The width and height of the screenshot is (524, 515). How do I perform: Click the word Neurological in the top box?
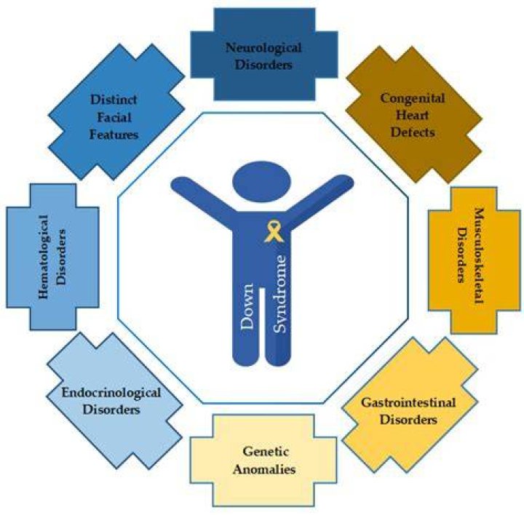263,48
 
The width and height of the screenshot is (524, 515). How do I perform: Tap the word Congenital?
413,98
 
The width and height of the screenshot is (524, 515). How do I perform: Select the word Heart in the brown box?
413,115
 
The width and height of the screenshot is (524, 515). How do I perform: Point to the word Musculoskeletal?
480,255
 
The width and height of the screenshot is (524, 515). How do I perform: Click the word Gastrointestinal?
408,402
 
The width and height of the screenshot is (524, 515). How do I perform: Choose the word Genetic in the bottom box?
266,452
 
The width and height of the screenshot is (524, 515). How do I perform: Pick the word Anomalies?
264,469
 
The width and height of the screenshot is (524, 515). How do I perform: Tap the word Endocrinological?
111,393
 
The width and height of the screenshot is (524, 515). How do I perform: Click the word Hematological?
44,257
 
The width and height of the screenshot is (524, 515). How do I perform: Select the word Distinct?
114,100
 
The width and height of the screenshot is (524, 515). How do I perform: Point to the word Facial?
114,117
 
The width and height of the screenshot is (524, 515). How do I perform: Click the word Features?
114,135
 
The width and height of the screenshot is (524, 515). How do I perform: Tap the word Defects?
413,132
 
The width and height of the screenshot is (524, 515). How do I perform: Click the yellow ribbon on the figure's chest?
274,231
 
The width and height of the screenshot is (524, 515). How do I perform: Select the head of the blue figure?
262,183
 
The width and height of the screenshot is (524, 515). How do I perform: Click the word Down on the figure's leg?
247,306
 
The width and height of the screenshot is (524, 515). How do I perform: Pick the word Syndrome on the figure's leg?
279,294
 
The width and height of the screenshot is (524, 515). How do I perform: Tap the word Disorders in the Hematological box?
61,257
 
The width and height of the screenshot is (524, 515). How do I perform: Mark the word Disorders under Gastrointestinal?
408,420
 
